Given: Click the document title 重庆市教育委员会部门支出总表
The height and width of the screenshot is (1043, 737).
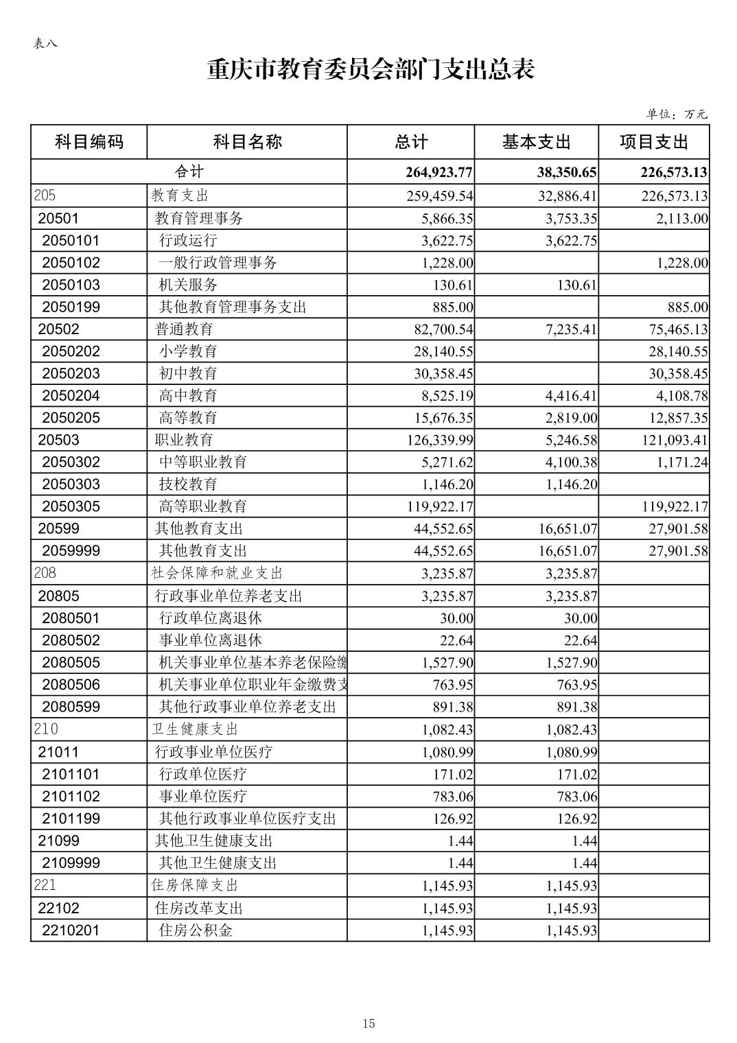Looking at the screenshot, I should [370, 69].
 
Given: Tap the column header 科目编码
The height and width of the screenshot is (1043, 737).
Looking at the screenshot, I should [89, 142].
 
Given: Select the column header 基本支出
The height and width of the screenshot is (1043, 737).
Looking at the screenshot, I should [536, 142].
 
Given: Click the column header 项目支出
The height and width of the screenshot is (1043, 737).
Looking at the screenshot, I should [653, 142].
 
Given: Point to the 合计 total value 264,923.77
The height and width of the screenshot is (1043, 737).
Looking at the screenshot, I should [439, 172].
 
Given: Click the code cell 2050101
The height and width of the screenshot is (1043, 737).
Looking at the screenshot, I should [71, 240].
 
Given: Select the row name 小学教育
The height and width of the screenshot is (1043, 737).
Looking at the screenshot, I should [188, 351].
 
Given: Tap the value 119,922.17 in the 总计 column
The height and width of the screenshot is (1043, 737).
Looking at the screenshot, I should [440, 506].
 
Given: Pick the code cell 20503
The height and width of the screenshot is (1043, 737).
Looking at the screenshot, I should [58, 440].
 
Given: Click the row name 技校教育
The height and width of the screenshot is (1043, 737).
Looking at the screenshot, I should [188, 484].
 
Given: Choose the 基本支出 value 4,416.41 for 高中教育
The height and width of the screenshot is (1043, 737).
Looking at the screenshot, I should [571, 396].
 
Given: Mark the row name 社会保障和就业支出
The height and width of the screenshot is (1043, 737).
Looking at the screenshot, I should [217, 573].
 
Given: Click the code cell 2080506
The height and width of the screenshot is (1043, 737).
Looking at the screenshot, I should [71, 685].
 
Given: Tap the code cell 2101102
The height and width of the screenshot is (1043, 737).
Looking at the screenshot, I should [71, 796].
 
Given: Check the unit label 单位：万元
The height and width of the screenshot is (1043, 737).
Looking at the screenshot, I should [676, 114].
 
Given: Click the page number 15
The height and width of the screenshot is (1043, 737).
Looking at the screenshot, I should [368, 1024].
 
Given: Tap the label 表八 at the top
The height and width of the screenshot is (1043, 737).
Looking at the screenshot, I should [45, 43].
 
